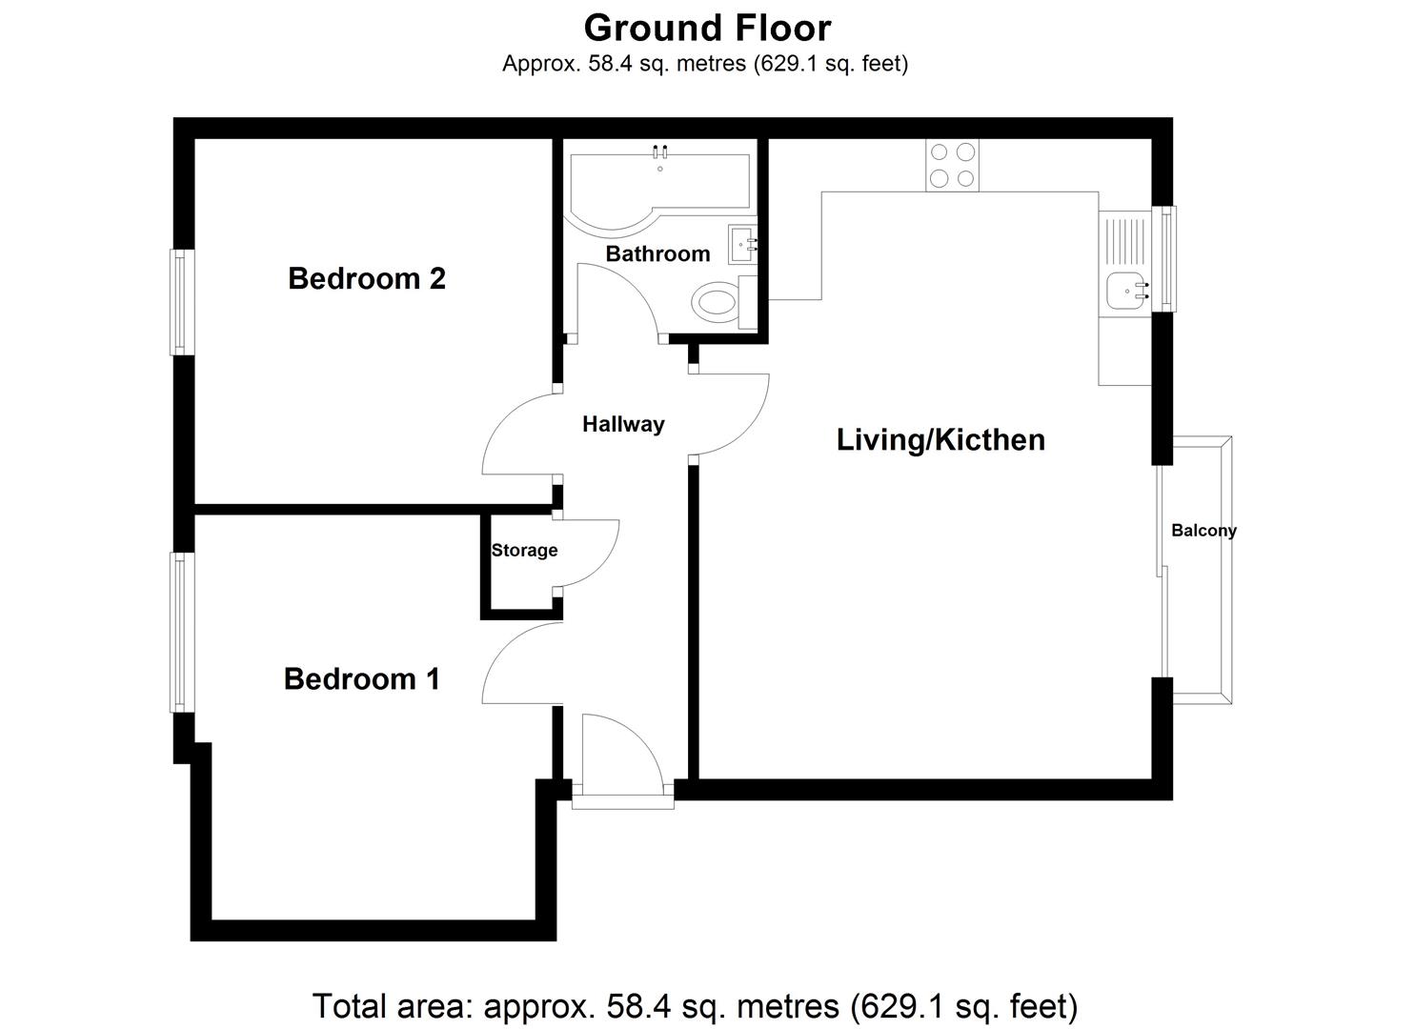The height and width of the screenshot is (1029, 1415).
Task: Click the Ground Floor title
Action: click(707, 29)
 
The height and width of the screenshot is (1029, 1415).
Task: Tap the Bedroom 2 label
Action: click(367, 278)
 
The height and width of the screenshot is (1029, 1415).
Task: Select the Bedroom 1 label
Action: click(362, 678)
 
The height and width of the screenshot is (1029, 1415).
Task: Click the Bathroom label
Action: click(657, 253)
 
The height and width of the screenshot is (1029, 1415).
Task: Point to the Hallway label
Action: click(623, 424)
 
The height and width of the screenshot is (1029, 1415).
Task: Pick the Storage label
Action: click(524, 551)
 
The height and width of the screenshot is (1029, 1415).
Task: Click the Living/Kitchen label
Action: click(940, 439)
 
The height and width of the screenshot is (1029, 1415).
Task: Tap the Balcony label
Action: click(1203, 531)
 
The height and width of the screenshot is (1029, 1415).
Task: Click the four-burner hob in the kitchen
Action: click(952, 165)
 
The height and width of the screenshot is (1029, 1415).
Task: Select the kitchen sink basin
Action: click(1125, 289)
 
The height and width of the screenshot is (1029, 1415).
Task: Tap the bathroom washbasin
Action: click(742, 245)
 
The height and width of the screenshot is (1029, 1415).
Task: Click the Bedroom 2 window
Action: click(182, 302)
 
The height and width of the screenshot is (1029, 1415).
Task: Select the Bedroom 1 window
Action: click(182, 632)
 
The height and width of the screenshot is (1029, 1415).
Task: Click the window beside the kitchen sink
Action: click(1164, 259)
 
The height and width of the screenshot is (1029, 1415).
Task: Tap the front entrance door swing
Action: click(619, 753)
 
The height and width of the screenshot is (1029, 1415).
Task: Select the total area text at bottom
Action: click(695, 1006)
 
